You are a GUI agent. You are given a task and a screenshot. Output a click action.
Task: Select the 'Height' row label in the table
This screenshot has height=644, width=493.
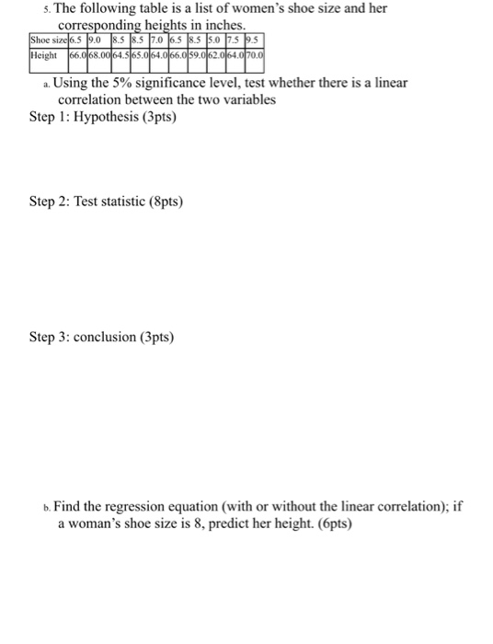[x=43, y=56]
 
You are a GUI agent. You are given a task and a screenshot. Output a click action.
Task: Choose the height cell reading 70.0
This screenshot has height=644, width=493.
[x=254, y=56]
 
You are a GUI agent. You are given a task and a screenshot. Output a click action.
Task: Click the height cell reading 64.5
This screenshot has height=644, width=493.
[x=121, y=56]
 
